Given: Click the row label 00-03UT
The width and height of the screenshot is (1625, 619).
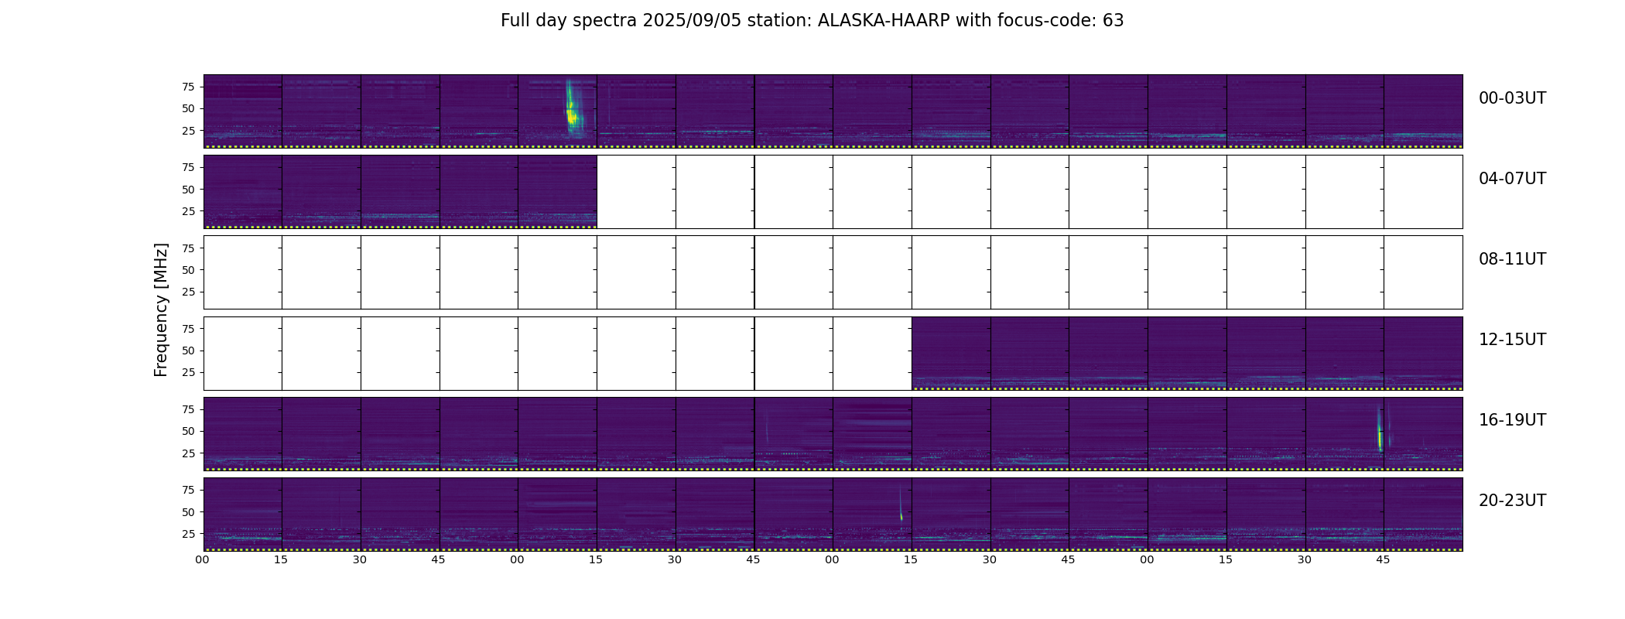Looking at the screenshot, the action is pos(1512,98).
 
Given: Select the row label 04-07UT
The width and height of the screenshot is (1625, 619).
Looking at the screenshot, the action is pos(1512,179).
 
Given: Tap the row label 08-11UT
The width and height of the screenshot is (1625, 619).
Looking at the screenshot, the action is pos(1512,259).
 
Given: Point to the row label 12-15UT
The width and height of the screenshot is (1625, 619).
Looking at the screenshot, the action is pos(1512,340).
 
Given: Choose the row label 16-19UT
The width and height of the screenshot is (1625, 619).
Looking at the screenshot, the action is pos(1512,420).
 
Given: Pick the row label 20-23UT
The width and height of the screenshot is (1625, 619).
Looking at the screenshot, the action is pos(1512,501).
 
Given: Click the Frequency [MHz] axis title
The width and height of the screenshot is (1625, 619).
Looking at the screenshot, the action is pos(161,309).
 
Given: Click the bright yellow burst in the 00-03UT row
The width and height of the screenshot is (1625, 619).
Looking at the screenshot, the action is pos(572,112).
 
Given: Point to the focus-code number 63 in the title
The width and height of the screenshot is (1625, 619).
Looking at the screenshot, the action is pos(1114,21).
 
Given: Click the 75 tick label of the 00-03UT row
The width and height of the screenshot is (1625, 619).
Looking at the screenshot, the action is pos(188,87).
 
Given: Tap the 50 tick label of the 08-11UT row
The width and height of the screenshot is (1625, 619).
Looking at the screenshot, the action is pos(188,270).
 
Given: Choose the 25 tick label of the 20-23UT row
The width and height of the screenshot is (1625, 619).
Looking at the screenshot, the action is pos(188,534).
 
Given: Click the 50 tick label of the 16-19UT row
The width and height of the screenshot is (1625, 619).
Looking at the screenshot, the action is pos(188,431).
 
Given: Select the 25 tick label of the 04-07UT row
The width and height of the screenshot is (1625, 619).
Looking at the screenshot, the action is pos(188,211).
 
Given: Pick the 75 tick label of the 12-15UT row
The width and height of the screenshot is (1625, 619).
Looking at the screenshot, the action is pos(188,329).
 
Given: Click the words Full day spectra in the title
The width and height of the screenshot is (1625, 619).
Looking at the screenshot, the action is pos(569,21).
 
